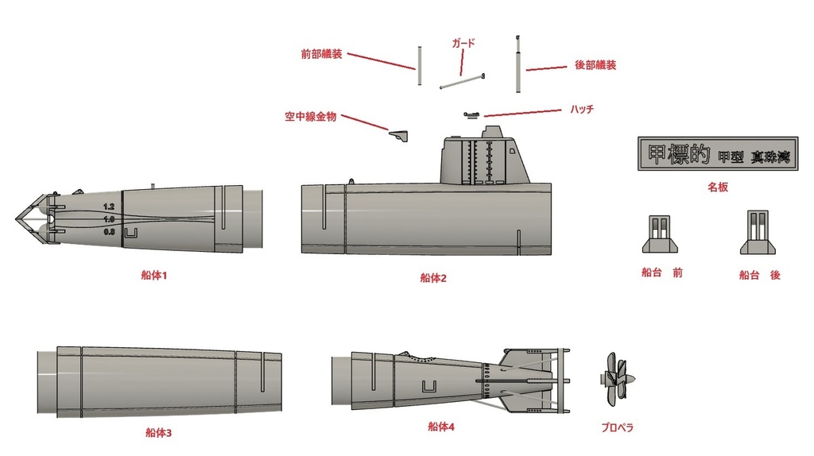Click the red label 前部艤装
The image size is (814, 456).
321,54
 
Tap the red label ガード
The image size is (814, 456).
463,43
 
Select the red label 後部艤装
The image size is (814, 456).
595,65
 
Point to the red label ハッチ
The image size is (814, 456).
581,109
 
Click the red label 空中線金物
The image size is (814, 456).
310,116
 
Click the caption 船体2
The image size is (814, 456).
433,278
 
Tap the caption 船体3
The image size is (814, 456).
159,433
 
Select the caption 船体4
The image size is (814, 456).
440,427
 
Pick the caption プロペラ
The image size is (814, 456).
617,427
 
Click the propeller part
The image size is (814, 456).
615,380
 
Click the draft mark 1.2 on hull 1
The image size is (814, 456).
109,206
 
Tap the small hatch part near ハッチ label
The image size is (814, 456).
471,115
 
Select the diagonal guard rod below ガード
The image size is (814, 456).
462,82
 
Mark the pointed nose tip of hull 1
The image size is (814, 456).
17,218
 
